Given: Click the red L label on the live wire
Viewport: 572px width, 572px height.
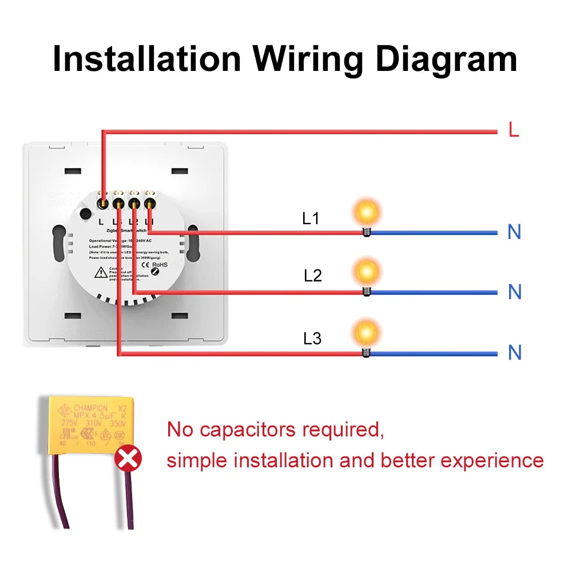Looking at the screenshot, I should tap(514, 130).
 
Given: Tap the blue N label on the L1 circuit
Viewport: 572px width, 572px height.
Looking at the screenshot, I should tap(514, 232).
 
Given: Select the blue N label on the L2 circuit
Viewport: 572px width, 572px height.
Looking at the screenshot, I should tap(514, 292).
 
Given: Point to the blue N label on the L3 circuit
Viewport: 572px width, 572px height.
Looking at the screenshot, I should tap(514, 352).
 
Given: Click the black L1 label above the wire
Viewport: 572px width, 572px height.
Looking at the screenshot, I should tap(311, 219).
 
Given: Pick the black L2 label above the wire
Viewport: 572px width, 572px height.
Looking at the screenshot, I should tap(312, 276).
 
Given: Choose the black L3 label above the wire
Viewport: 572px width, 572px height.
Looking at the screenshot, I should tap(312, 339).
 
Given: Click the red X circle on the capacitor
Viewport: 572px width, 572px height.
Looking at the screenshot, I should tap(128, 459).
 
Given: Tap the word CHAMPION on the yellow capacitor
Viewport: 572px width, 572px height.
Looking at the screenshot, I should tap(90, 408).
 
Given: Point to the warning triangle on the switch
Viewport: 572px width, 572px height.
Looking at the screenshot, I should tap(101, 273).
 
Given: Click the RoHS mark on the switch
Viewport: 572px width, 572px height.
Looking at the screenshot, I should tap(160, 265).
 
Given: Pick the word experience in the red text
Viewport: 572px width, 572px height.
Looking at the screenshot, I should tap(492, 460).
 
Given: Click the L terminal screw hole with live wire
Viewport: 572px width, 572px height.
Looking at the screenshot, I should tap(102, 202).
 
